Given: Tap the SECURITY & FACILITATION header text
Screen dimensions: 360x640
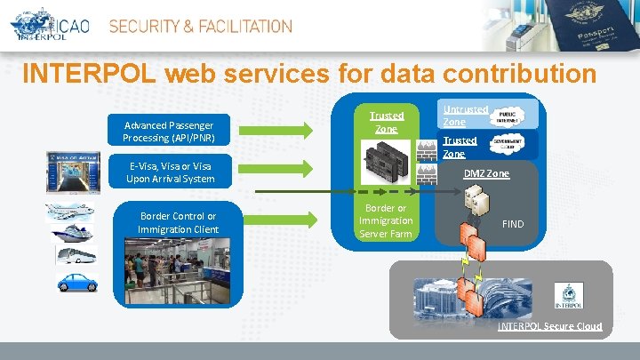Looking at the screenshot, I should (200, 27).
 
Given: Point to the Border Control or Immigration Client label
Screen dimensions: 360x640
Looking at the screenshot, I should (179, 223).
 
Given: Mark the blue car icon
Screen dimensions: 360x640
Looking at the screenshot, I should (76, 282).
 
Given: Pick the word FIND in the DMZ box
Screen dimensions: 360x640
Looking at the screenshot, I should (513, 224).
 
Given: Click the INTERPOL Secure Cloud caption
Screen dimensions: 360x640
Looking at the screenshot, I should (549, 326).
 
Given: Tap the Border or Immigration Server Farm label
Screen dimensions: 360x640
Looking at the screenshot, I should (386, 220).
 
